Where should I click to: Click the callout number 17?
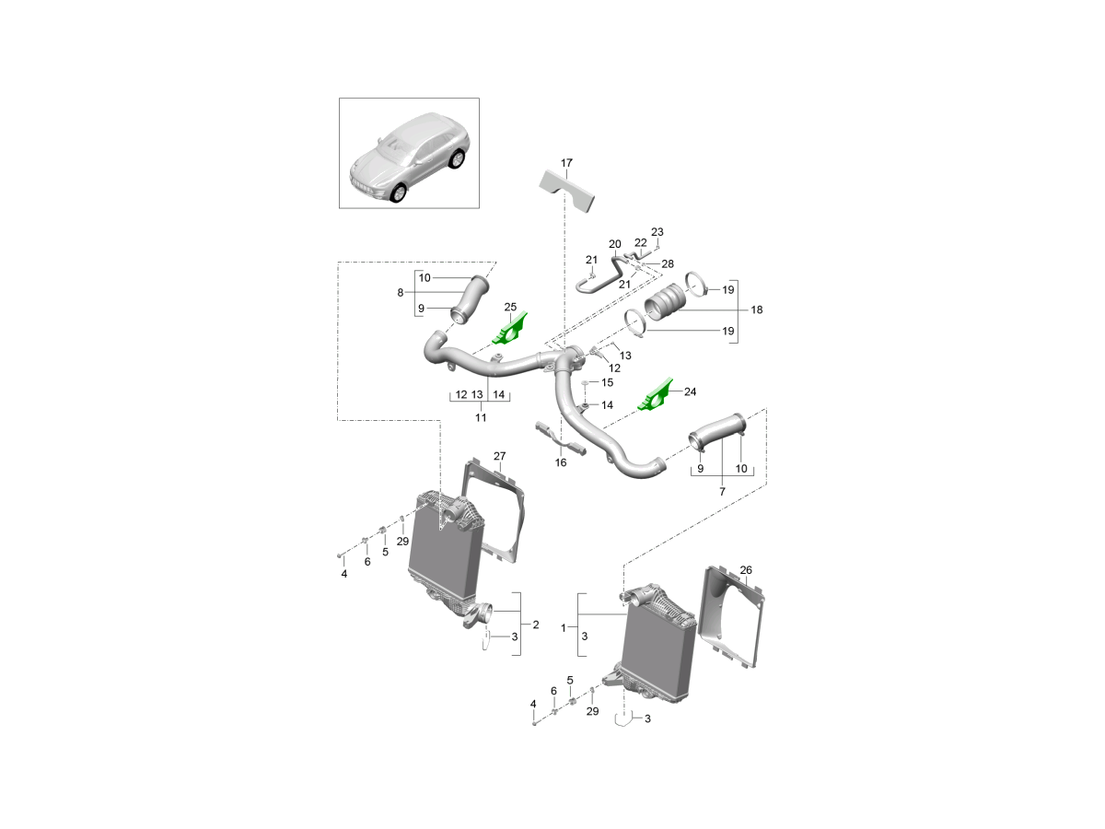coord(567,164)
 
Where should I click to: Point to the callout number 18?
coord(757,310)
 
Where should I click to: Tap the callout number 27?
coord(500,456)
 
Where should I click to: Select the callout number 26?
coord(746,570)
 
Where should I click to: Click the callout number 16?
coord(561,463)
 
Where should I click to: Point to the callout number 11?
coord(480,417)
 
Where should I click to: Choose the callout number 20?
coord(615,244)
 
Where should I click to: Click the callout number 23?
coord(657,231)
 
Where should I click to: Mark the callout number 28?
coord(668,264)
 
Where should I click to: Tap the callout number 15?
coord(607,382)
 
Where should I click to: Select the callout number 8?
coord(401,293)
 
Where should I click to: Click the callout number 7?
coord(722,492)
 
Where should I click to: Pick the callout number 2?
coord(535,625)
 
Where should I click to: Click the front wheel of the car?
coord(398,194)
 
